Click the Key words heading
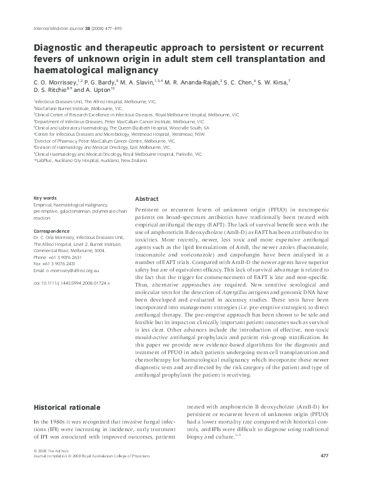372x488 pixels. pos(45,198)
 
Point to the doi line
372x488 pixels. pos(71,283)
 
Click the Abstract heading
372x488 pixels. pos(147,198)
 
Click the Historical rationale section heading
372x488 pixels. pos(67,408)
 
